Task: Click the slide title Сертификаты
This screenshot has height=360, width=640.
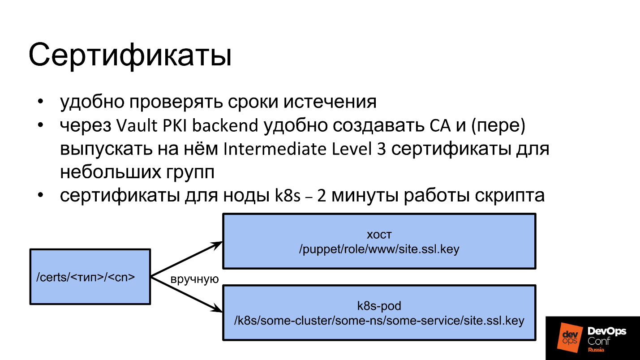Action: (x=130, y=56)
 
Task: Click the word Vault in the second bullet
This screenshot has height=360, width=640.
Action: (x=137, y=125)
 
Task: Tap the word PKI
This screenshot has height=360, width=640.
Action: (x=175, y=125)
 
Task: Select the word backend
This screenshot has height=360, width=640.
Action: (x=225, y=125)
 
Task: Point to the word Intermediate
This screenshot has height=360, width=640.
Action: (x=275, y=149)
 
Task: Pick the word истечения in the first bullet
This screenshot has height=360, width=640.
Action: (x=330, y=102)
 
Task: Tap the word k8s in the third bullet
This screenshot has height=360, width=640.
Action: (x=288, y=195)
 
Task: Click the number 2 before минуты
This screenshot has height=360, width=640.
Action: (x=322, y=196)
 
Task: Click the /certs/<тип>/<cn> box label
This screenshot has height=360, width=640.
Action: (x=86, y=277)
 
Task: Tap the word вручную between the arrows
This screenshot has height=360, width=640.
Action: (x=194, y=279)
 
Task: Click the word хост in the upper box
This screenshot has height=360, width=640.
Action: (x=379, y=235)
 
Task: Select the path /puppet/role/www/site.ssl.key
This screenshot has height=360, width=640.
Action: (x=379, y=249)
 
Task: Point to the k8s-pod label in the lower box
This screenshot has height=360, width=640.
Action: (x=379, y=306)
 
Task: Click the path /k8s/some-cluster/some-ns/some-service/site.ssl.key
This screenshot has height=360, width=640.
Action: (x=379, y=321)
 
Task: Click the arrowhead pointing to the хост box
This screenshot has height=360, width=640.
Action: (x=217, y=245)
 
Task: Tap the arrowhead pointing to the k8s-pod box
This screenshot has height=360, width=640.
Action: (x=217, y=309)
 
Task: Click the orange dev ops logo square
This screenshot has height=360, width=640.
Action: (x=570, y=338)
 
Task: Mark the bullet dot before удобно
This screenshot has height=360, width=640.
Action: (x=40, y=102)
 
